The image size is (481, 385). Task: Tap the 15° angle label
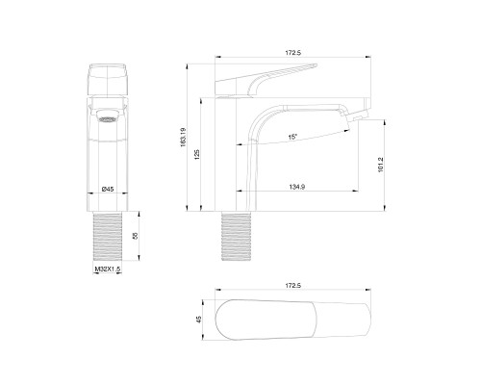click(292, 138)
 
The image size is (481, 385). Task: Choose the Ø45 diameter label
click(109, 189)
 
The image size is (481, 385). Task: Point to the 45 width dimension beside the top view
click(199, 323)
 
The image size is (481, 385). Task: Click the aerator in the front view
click(110, 119)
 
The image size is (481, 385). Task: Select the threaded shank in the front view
click(109, 236)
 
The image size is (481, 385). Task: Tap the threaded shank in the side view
click(236, 236)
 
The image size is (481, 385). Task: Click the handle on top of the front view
click(109, 79)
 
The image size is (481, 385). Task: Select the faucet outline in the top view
click(293, 323)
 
